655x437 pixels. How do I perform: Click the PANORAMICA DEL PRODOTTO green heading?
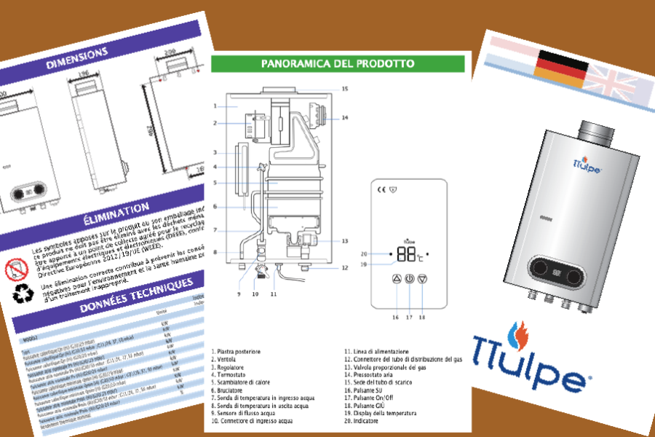[337, 63]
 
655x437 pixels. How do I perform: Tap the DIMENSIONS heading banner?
[76, 57]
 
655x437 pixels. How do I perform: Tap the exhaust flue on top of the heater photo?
[596, 129]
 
